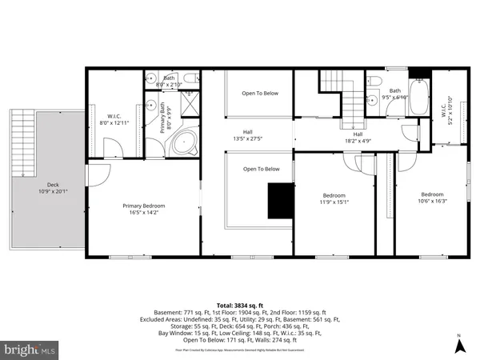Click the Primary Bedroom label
click(x=144, y=209)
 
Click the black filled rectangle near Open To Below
click(x=280, y=200)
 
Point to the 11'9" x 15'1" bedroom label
click(x=334, y=199)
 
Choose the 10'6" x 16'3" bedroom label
click(x=432, y=198)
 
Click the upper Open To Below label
click(x=261, y=94)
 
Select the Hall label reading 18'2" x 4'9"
click(x=358, y=137)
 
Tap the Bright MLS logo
click(x=30, y=350)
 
